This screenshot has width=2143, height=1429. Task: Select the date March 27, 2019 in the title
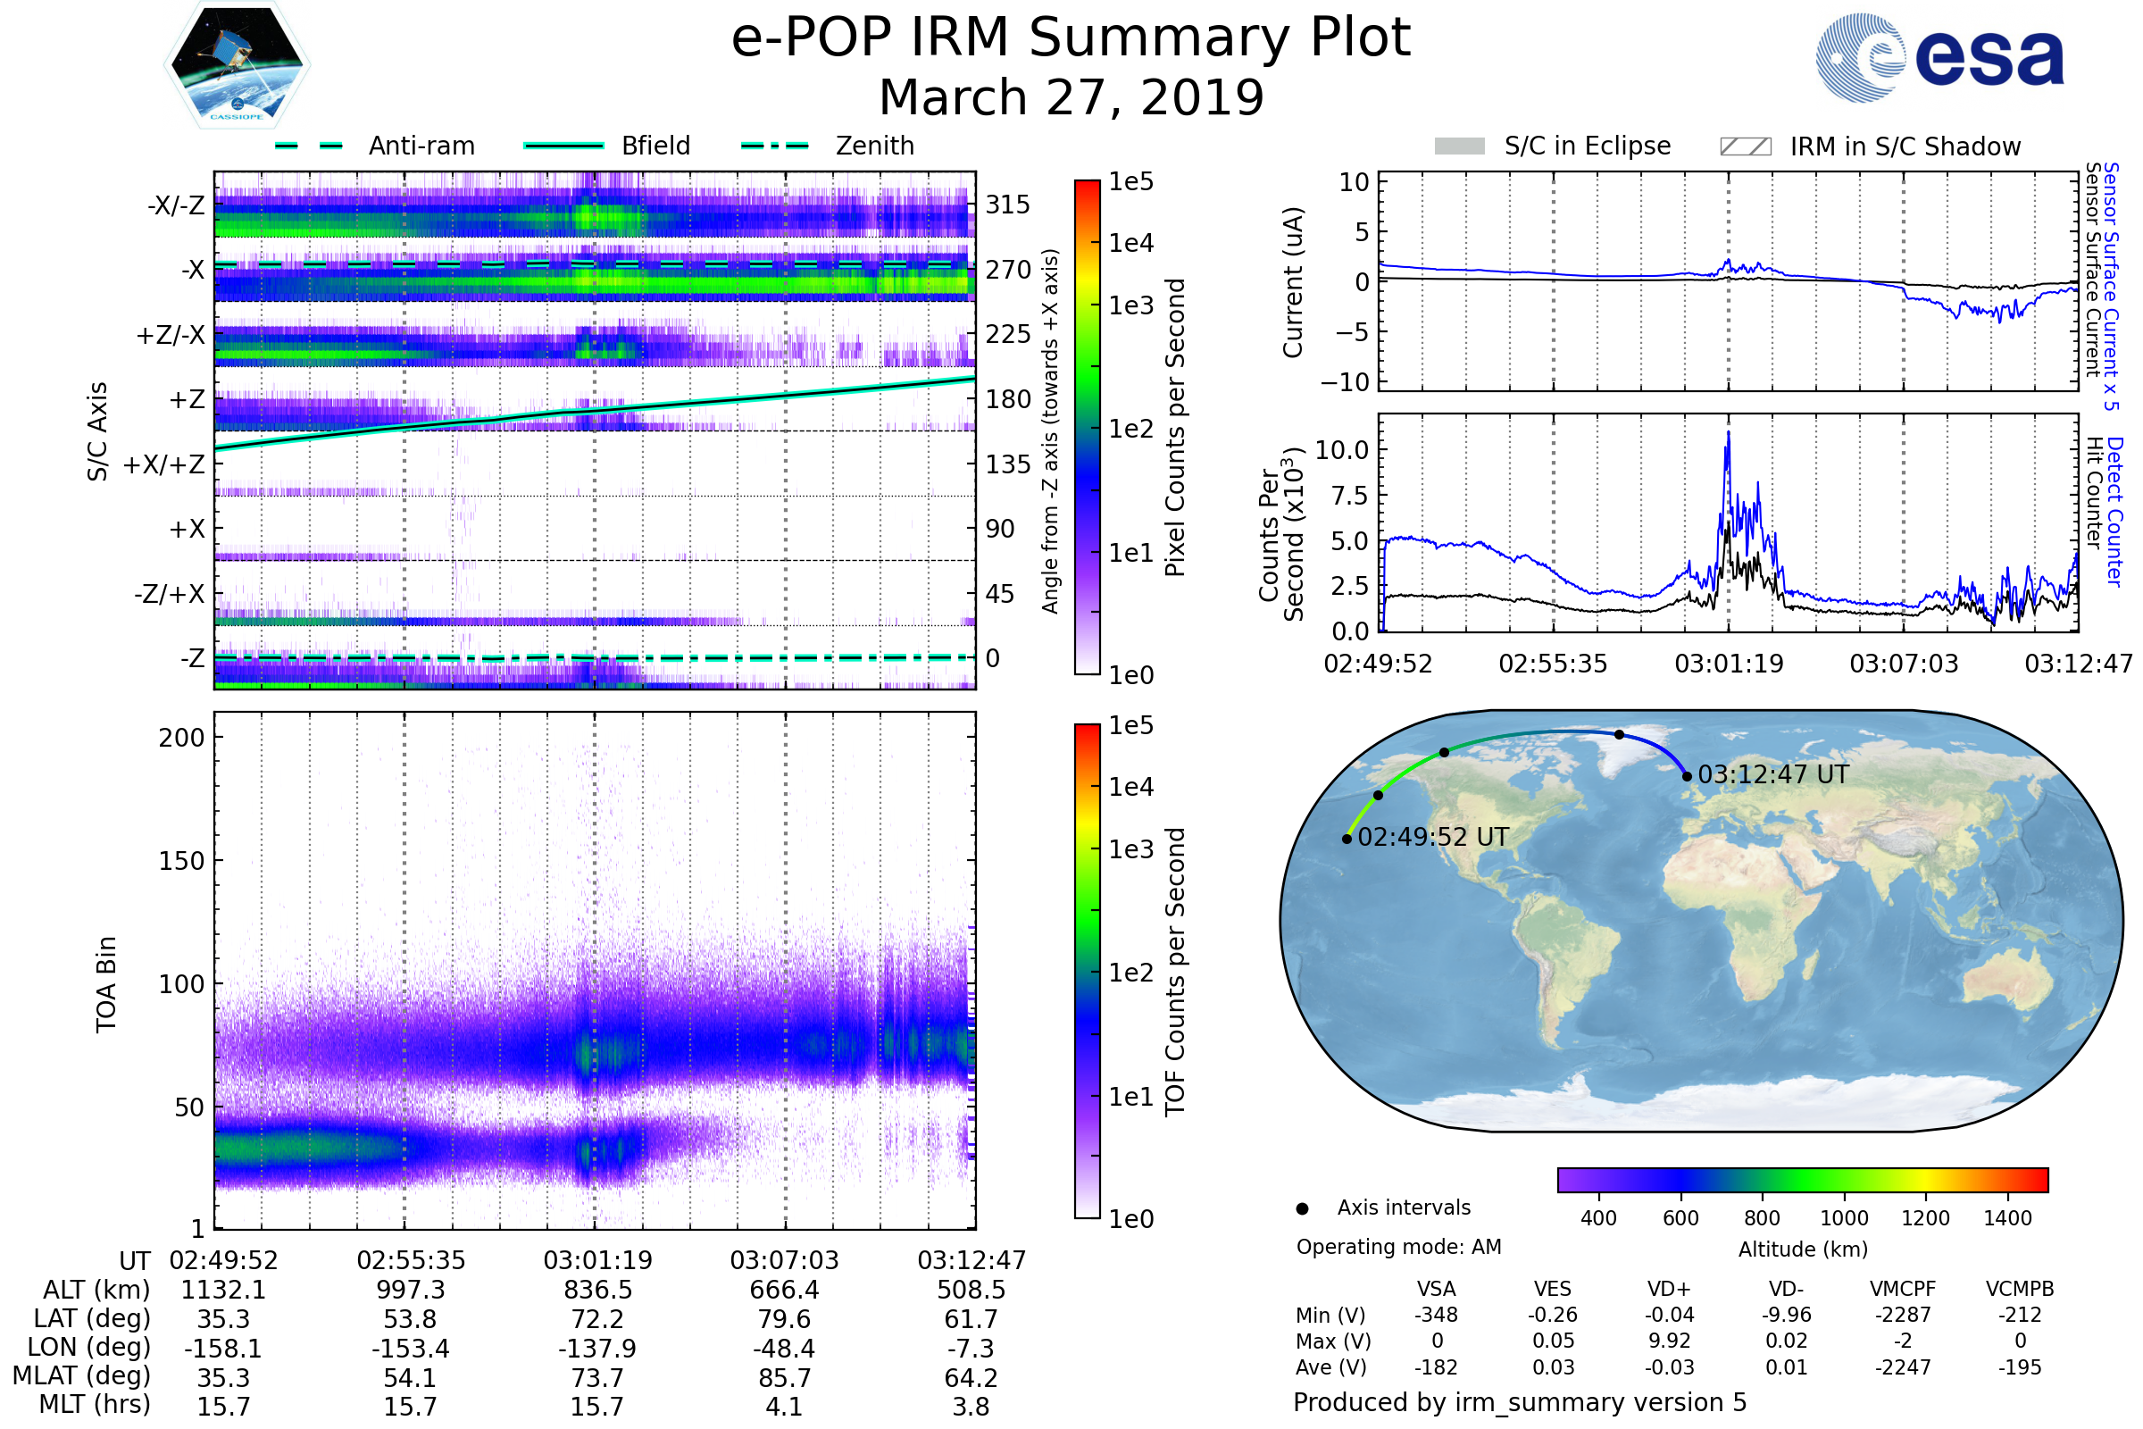tap(1071, 97)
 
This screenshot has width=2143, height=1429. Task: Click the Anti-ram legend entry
tap(421, 146)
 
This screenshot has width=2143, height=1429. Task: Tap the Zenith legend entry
tap(875, 146)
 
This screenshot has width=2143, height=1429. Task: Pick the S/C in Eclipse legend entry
tap(1587, 146)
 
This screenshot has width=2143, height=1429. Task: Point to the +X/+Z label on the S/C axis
tap(164, 464)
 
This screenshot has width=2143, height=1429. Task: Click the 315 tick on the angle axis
tap(1008, 205)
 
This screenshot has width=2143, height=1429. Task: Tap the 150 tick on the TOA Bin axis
tap(181, 861)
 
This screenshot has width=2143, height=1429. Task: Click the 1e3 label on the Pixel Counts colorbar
tap(1130, 305)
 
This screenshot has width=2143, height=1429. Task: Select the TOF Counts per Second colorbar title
tap(1175, 972)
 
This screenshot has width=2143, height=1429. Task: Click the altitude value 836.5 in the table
tap(597, 1291)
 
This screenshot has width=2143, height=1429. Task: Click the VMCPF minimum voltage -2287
tap(1903, 1315)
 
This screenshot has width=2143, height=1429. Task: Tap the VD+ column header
tap(1669, 1290)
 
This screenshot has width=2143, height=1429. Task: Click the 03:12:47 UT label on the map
tap(1773, 774)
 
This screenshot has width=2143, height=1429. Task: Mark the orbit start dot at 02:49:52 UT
tap(1347, 839)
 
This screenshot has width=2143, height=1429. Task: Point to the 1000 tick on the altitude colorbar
tap(1844, 1218)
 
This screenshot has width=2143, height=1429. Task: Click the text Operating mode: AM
tap(1398, 1247)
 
